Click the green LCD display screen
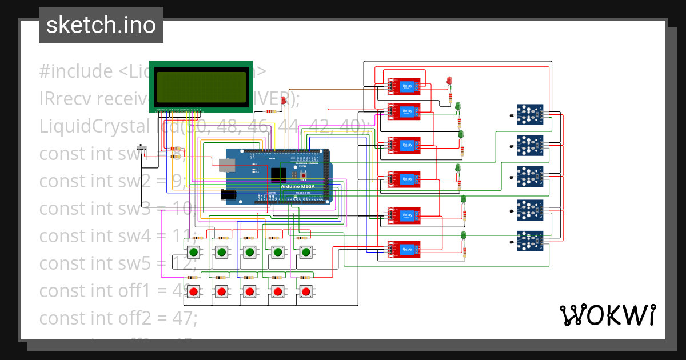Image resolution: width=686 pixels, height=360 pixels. pyautogui.click(x=201, y=86)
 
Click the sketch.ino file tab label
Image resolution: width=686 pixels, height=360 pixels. pyautogui.click(x=101, y=25)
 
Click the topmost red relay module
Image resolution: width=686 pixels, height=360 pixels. pyautogui.click(x=404, y=86)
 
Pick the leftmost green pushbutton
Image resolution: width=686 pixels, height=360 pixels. pyautogui.click(x=193, y=252)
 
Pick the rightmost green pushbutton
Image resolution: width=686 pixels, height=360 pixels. pyautogui.click(x=306, y=252)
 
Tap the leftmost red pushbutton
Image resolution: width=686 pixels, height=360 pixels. pyautogui.click(x=193, y=292)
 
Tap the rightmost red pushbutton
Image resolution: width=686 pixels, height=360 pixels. pyautogui.click(x=306, y=292)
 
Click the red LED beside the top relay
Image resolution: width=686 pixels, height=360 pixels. pyautogui.click(x=449, y=80)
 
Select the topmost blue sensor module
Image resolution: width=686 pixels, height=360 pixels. pyautogui.click(x=529, y=114)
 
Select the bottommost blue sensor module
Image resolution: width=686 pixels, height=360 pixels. pyautogui.click(x=529, y=241)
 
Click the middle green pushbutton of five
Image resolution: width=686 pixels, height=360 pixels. pyautogui.click(x=249, y=252)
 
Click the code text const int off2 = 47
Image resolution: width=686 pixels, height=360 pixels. pyautogui.click(x=118, y=318)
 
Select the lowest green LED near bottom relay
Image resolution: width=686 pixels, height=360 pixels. pyautogui.click(x=463, y=235)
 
